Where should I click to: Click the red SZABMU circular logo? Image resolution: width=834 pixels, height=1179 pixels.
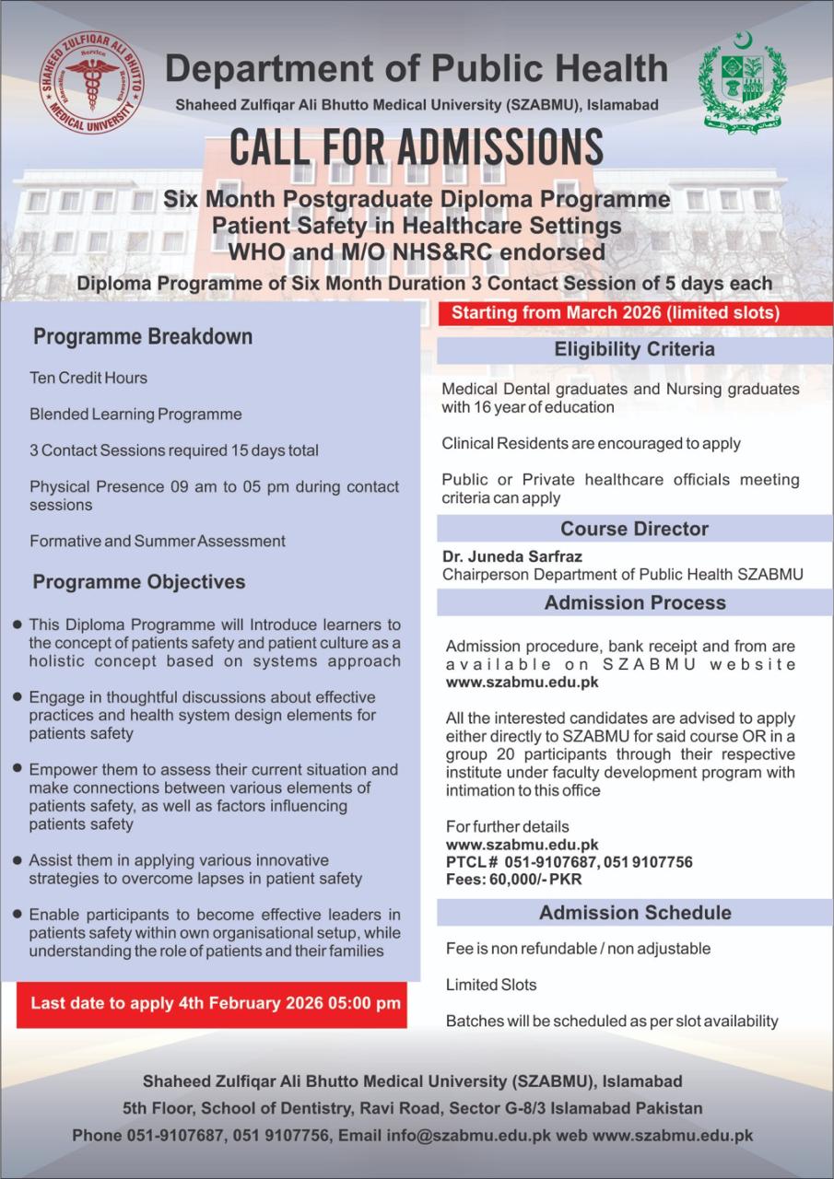(x=91, y=82)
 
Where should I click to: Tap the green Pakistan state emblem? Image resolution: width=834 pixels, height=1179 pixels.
(x=742, y=82)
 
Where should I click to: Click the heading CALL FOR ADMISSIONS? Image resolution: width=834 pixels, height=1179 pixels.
(x=416, y=148)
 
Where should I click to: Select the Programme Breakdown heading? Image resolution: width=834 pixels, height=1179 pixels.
(x=143, y=337)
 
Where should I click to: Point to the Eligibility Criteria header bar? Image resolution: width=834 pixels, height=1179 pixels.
(x=634, y=350)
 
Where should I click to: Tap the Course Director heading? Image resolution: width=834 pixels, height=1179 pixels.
(x=634, y=529)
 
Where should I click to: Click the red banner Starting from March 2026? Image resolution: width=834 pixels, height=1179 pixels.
(x=616, y=313)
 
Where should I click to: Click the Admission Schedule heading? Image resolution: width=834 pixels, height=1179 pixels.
(x=634, y=913)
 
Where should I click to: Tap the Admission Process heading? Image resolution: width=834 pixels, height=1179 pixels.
(x=634, y=602)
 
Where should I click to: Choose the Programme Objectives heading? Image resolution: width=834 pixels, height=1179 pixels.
(x=139, y=582)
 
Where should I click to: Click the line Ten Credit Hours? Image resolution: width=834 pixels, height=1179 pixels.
(x=88, y=378)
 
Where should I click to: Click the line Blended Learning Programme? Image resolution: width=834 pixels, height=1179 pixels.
(x=135, y=414)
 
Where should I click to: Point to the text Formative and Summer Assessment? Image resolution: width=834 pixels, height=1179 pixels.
(x=158, y=541)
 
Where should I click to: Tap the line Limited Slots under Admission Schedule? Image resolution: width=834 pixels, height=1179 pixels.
(x=491, y=985)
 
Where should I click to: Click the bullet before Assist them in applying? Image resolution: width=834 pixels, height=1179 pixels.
(x=18, y=859)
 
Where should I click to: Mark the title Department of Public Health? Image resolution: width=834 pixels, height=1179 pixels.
(x=417, y=69)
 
